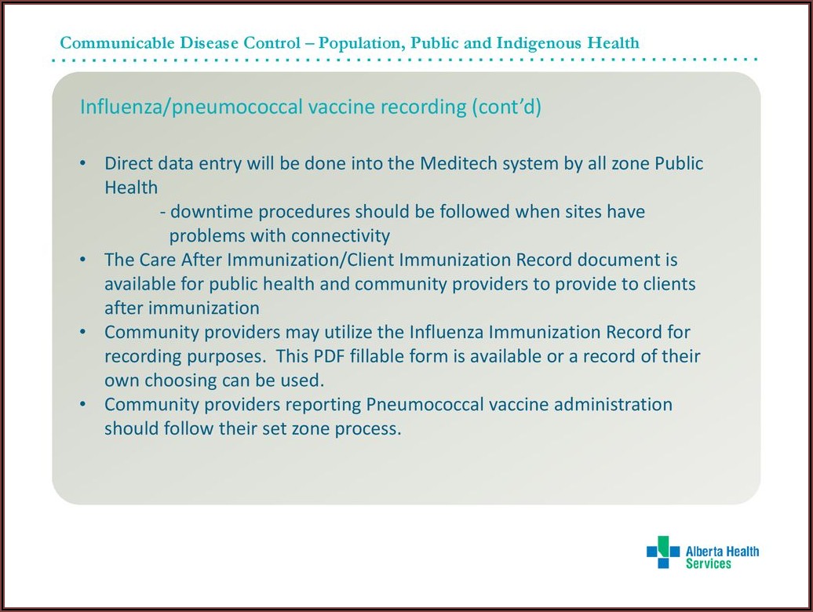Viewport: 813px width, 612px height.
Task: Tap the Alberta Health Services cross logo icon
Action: (663, 552)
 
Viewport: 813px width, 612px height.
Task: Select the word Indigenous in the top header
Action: (538, 42)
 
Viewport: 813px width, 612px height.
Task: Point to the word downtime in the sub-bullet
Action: (212, 211)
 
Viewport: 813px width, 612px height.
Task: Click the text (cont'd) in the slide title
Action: (506, 107)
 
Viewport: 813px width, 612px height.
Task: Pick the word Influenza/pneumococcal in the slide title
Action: (191, 107)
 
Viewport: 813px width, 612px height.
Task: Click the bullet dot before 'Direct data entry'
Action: (82, 164)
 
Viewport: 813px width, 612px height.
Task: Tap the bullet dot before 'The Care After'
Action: (82, 260)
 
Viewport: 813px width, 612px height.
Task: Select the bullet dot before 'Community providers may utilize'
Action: (82, 332)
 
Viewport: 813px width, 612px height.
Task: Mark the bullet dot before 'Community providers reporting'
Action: (82, 404)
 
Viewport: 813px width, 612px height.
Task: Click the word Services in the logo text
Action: (709, 564)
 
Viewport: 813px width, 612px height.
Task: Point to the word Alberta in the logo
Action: (702, 552)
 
